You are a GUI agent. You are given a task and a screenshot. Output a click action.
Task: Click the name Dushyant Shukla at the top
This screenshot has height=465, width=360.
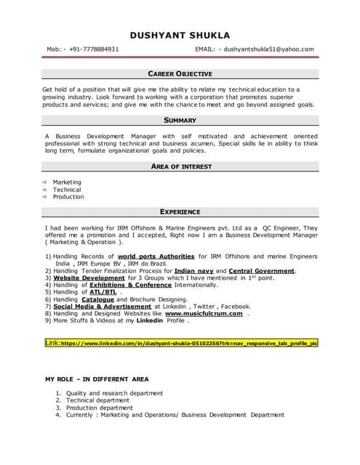click(x=180, y=35)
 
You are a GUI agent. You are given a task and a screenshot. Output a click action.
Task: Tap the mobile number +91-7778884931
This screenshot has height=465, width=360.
click(x=92, y=49)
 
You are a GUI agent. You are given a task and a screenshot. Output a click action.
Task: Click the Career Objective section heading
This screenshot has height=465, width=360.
click(x=180, y=74)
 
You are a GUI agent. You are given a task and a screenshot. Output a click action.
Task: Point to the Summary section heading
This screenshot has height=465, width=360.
click(x=180, y=120)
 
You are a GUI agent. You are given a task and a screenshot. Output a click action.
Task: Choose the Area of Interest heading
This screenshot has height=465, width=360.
click(x=180, y=166)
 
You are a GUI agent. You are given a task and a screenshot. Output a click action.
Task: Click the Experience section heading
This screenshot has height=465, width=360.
click(x=180, y=212)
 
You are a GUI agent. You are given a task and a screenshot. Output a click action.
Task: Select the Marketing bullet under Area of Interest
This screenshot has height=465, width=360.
click(x=67, y=182)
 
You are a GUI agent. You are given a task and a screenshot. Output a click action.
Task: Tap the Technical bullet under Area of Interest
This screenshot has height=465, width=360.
click(x=67, y=189)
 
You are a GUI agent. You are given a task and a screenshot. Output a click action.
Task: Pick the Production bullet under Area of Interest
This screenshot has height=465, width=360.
click(x=68, y=196)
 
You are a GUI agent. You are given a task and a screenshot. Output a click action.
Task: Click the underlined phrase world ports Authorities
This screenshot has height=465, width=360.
click(x=156, y=256)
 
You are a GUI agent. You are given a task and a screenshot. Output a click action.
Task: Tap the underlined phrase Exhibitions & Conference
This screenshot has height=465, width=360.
click(x=127, y=285)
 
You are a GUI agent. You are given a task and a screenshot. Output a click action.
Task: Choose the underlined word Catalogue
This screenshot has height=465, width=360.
click(x=97, y=299)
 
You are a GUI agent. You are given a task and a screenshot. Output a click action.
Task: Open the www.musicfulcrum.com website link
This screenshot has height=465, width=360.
click(x=204, y=313)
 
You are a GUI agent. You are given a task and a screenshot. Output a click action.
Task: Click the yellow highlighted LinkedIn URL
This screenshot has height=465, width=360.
click(x=182, y=342)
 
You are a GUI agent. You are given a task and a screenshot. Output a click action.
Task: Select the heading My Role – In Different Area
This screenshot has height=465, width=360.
click(x=97, y=379)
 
